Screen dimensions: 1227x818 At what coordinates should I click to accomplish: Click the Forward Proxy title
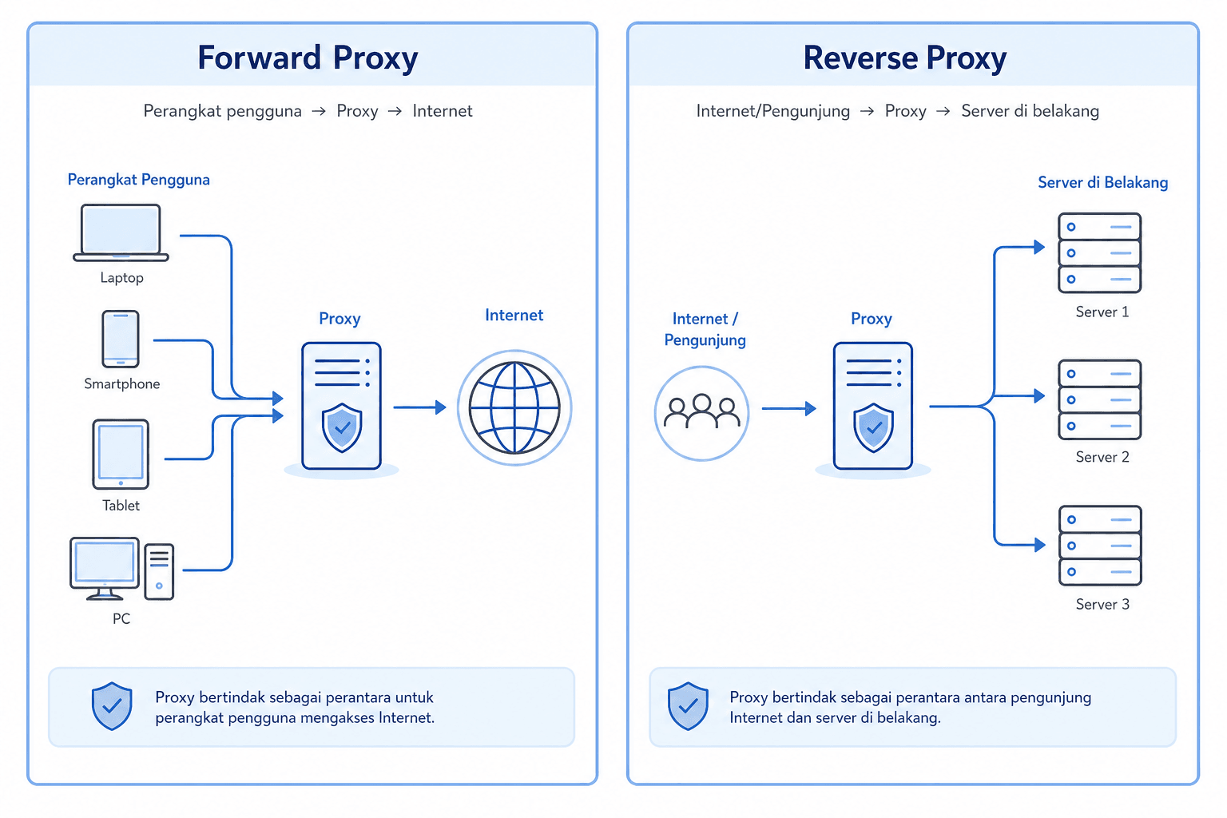(x=308, y=58)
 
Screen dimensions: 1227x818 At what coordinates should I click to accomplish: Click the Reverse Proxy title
(x=905, y=58)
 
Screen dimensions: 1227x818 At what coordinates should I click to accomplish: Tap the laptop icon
(x=121, y=232)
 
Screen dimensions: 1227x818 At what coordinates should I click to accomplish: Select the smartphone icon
(x=121, y=339)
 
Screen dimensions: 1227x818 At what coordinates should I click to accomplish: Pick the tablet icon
(x=121, y=455)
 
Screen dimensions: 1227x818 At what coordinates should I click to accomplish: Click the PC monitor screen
(x=104, y=562)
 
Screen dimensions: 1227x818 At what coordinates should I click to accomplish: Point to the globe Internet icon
(x=514, y=407)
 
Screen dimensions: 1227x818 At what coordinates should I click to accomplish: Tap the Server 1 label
(x=1102, y=312)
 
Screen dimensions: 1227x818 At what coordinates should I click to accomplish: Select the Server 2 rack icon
(x=1100, y=399)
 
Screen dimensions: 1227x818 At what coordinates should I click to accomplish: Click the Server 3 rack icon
(x=1100, y=546)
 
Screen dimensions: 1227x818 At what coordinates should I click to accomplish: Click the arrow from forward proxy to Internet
(x=419, y=407)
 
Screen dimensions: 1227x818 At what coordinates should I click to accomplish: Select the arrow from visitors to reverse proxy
(x=788, y=408)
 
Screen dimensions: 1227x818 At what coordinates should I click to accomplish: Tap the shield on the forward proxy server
(x=342, y=427)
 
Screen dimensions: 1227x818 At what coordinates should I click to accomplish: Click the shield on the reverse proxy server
(x=873, y=427)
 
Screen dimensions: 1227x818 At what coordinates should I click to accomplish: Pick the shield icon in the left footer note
(x=112, y=705)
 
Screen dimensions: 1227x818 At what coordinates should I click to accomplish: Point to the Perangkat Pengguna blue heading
(x=138, y=180)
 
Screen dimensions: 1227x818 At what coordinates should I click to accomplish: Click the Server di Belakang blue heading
(x=1102, y=182)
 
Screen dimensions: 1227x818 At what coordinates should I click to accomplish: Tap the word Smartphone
(x=121, y=383)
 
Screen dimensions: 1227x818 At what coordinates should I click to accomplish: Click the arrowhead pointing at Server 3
(x=1039, y=545)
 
